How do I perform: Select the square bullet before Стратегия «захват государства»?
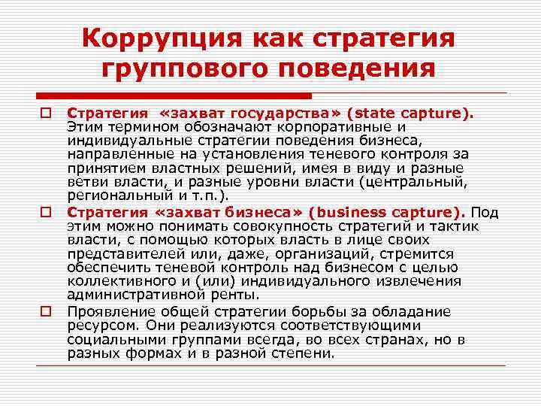coord(46,114)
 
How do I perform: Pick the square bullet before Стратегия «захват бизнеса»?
coord(46,213)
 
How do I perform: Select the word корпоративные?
coord(338,127)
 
